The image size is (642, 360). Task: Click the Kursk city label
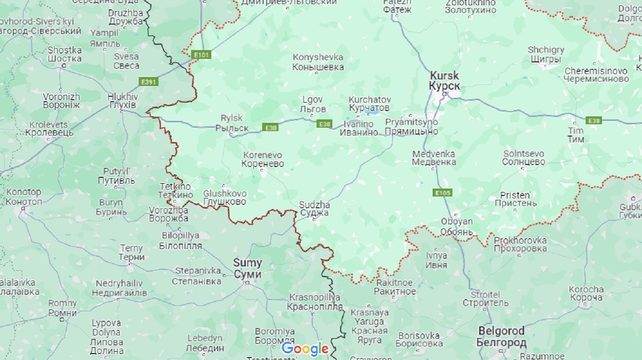pos(444,81)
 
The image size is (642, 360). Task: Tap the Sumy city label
pos(247,269)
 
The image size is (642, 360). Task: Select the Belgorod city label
pos(501,336)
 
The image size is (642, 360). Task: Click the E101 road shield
pos(201,55)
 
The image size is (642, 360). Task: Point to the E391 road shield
pos(148,82)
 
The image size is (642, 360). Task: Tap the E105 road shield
pos(442,193)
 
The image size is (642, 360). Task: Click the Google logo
pos(305,349)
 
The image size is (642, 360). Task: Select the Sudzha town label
pos(314,209)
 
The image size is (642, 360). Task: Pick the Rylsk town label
pos(232,123)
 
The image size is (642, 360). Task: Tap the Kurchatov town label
pos(369,104)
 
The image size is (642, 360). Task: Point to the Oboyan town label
pos(456,227)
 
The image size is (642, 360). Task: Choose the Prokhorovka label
pos(520,244)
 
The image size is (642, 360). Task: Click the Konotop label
pos(24,197)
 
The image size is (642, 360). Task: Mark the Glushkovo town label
pos(224,198)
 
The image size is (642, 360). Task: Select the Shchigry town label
pos(545,55)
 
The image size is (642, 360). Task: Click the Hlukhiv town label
pos(122,101)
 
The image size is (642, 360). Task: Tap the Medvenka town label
pos(434,158)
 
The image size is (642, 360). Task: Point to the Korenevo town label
pos(263,159)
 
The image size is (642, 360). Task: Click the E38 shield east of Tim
pos(594,120)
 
